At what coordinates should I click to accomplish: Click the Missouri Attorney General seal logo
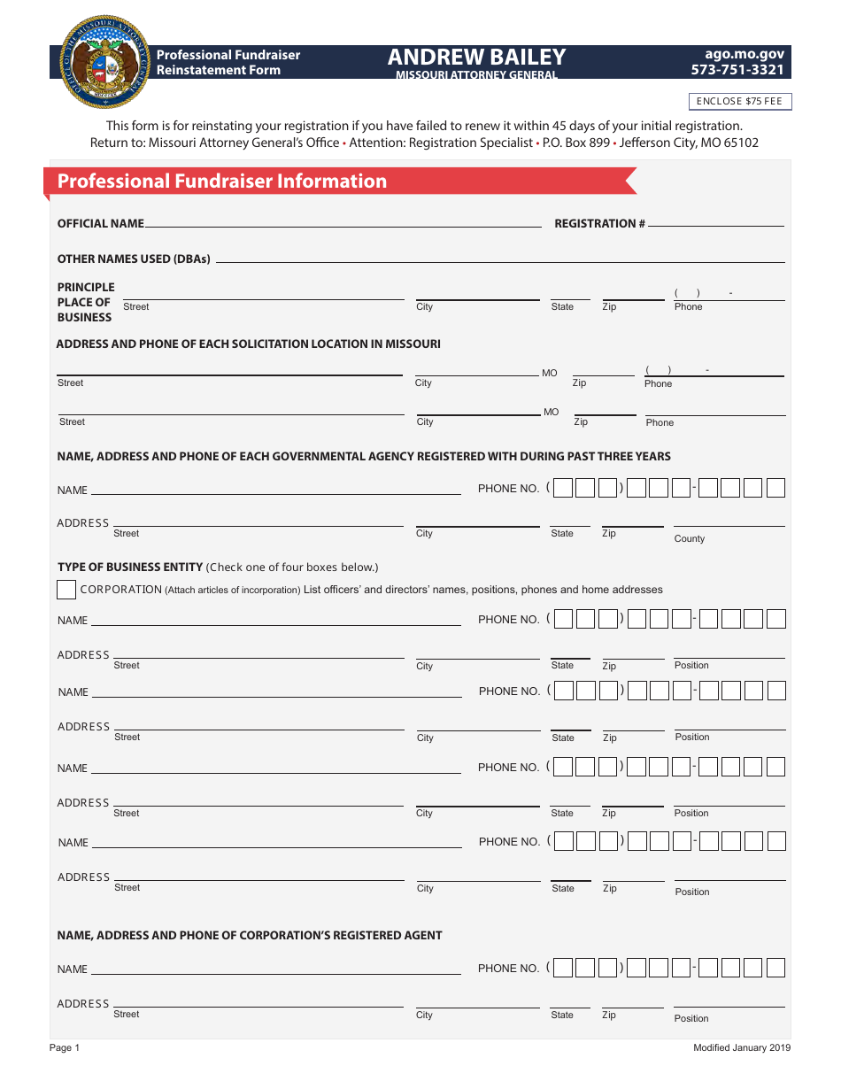click(x=105, y=61)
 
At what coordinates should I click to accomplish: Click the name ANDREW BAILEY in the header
click(x=476, y=58)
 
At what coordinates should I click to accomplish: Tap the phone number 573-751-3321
click(x=737, y=70)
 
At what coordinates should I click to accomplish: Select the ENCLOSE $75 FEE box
click(x=740, y=102)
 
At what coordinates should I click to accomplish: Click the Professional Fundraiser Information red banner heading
click(x=222, y=181)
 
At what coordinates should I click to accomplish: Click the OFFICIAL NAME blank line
click(x=343, y=225)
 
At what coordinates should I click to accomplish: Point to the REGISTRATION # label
click(x=599, y=224)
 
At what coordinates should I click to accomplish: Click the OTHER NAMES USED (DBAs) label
click(x=134, y=259)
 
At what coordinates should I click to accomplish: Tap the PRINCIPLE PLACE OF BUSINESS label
click(x=86, y=302)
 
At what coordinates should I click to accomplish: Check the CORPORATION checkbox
click(x=66, y=590)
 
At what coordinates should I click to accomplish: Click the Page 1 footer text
click(x=65, y=1048)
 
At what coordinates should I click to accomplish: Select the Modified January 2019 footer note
click(x=742, y=1048)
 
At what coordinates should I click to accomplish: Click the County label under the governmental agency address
click(x=690, y=538)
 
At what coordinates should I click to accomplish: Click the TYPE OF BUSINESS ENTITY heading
click(x=131, y=568)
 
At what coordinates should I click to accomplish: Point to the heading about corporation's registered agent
click(x=250, y=936)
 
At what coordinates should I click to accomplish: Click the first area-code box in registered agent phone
click(x=563, y=968)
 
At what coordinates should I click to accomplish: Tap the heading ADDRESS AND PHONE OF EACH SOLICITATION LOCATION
click(x=249, y=344)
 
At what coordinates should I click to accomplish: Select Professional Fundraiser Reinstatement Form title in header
click(x=228, y=62)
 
